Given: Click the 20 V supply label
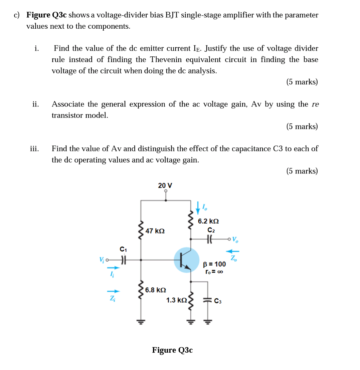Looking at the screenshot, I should pos(165,186).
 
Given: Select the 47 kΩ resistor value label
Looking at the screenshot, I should pos(155,231).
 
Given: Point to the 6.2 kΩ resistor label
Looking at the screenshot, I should pos(208,222).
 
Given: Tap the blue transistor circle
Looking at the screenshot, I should pos(186,260).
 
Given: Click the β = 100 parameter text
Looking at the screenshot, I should pos(214,264).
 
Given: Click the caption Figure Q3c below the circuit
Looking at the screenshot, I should pos(172,350).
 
